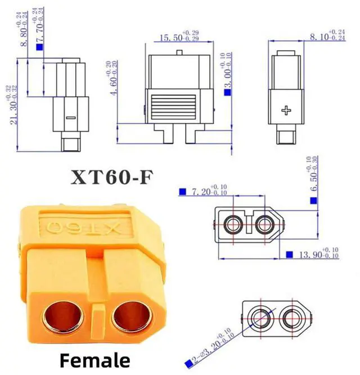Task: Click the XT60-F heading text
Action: coord(112,177)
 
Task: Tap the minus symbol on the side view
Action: coord(70,118)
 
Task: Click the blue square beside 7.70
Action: coord(39,47)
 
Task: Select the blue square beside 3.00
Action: coord(227,91)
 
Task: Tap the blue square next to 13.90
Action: coord(289,255)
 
